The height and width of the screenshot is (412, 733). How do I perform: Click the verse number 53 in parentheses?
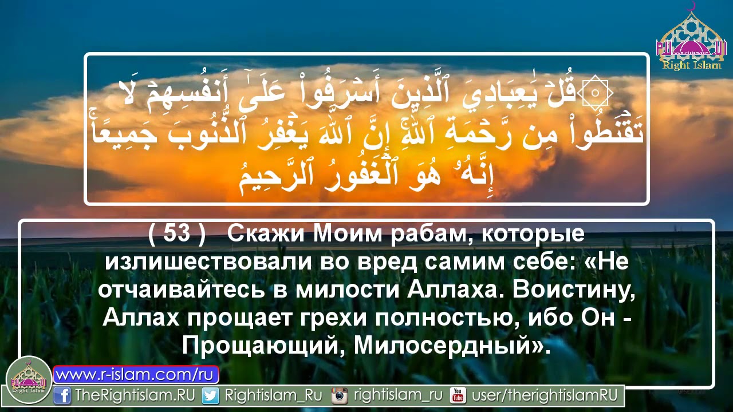click(176, 234)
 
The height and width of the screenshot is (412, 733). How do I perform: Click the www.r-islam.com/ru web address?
click(136, 375)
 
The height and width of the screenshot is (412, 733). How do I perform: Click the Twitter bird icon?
click(210, 395)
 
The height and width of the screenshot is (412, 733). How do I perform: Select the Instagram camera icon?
click(340, 395)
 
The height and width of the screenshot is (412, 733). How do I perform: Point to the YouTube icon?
click(458, 395)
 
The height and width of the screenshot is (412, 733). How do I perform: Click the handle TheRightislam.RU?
click(135, 395)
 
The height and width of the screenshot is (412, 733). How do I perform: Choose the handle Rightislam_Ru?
click(273, 395)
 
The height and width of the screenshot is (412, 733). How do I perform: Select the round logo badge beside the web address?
click(29, 379)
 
